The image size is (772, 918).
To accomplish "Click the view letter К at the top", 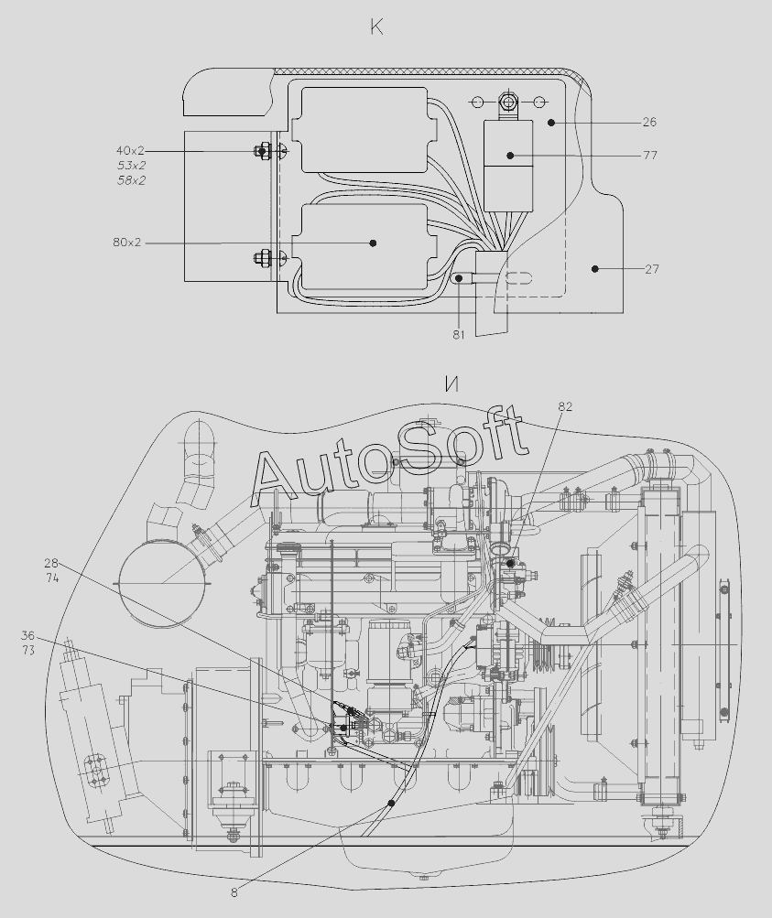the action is [x=376, y=27].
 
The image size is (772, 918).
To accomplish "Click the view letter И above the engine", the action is [x=451, y=384].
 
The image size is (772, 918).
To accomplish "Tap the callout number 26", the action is [x=649, y=122].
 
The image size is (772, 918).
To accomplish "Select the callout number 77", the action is [x=649, y=156].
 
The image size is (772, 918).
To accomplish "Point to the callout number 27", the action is [x=650, y=269].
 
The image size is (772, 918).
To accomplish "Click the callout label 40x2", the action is [x=130, y=150].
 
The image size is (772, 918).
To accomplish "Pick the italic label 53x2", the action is [x=131, y=166].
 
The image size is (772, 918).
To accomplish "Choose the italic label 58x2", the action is [x=131, y=180].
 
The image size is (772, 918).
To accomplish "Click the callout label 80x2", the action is [x=126, y=243].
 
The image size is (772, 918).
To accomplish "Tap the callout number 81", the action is [x=458, y=334].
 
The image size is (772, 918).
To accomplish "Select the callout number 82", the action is [x=565, y=406].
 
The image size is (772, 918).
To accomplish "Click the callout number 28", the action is [x=51, y=564].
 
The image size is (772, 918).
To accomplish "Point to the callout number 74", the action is [x=51, y=578].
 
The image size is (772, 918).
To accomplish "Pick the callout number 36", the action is [x=27, y=635].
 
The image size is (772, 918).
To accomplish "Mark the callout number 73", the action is [x=27, y=650].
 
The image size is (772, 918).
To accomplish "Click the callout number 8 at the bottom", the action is [x=234, y=892].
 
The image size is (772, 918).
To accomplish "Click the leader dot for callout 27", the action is [x=594, y=268].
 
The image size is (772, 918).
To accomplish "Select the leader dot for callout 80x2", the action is [x=374, y=243].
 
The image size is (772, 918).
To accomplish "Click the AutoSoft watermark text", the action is [x=389, y=455].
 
